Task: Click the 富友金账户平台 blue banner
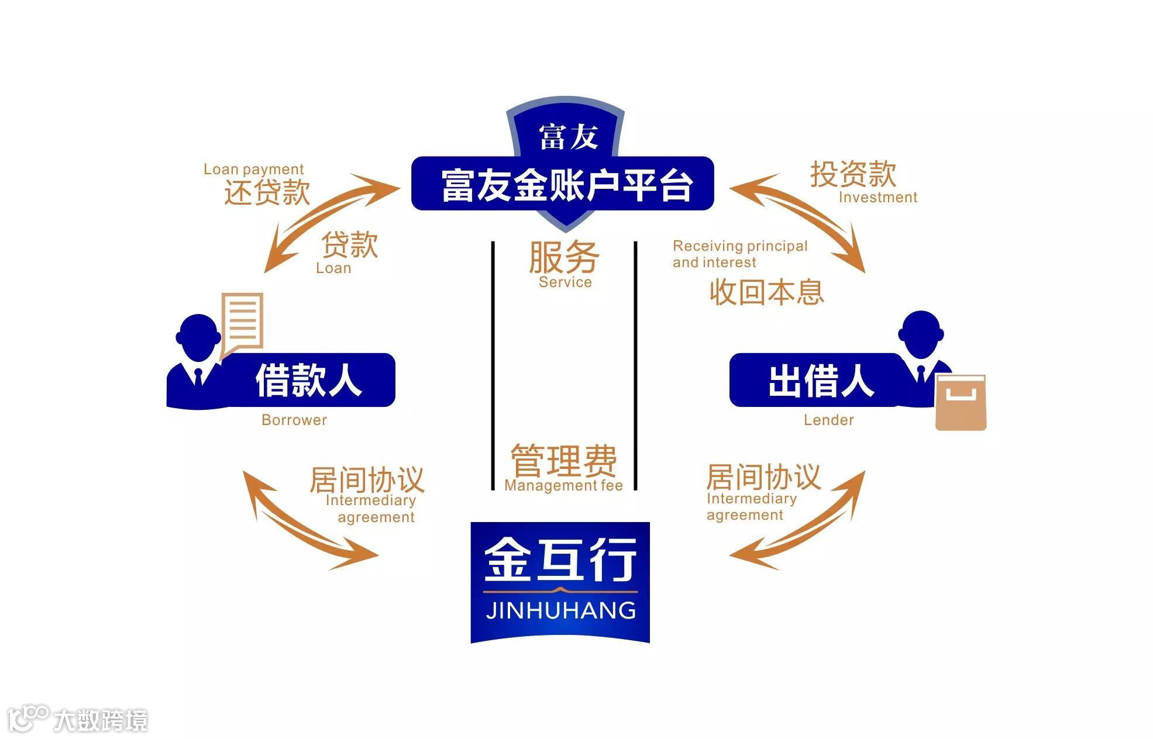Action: [562, 184]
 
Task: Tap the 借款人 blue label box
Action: [308, 380]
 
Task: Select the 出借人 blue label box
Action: [819, 380]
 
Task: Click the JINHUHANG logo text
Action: [560, 610]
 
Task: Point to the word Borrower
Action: [294, 420]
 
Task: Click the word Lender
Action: [828, 420]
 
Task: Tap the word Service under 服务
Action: [565, 282]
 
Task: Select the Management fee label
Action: [563, 485]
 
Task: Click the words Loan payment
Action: [253, 170]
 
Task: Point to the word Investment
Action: [877, 198]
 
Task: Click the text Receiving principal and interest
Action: [739, 254]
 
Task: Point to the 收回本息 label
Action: [766, 292]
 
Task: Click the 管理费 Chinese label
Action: [563, 461]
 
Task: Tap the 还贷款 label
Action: [267, 192]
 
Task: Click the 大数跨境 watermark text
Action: [101, 720]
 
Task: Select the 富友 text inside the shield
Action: [568, 137]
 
